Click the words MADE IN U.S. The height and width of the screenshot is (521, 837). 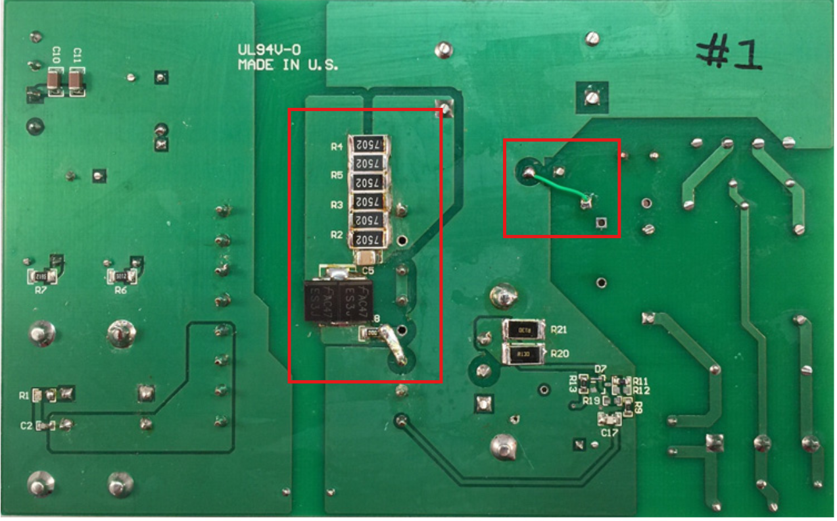[288, 65]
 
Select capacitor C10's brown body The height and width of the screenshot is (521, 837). [55, 80]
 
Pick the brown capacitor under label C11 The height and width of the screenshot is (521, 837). [77, 80]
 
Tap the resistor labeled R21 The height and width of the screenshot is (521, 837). [524, 330]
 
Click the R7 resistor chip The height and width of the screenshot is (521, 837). [42, 276]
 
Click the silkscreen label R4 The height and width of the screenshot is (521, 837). [337, 147]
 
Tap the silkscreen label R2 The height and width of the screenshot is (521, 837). [337, 235]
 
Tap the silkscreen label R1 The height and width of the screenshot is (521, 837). [24, 395]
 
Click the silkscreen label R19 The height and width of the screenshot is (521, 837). [591, 401]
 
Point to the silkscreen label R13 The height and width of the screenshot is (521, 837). [573, 384]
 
